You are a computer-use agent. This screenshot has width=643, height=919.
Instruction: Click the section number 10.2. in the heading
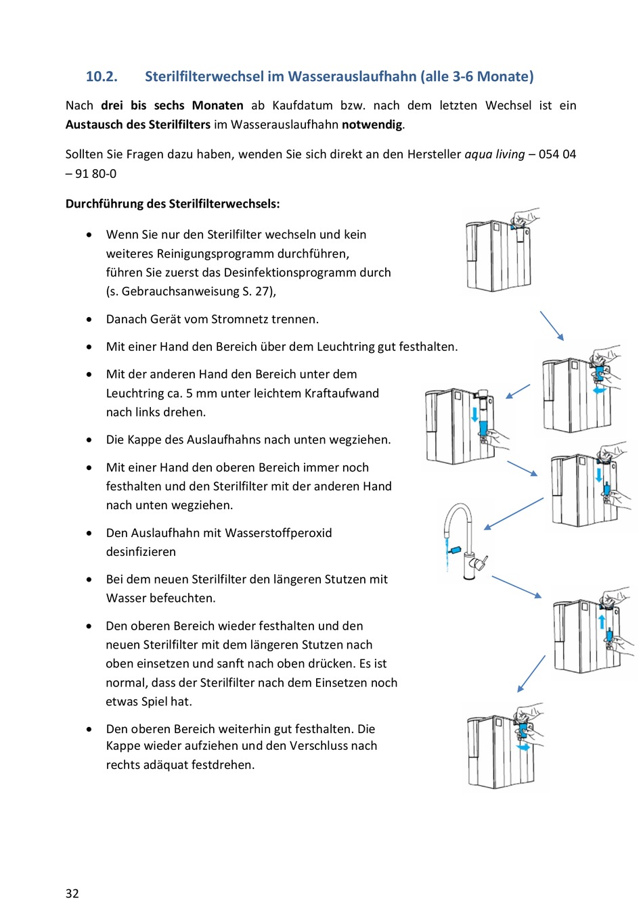[x=102, y=76]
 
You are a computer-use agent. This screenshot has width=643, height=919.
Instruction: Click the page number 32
[x=72, y=893]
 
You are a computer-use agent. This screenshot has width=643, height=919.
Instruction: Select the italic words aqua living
[x=494, y=154]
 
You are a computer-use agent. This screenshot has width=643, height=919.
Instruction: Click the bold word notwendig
[x=372, y=124]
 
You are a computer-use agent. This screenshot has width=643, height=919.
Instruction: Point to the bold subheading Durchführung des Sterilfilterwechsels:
[x=173, y=204]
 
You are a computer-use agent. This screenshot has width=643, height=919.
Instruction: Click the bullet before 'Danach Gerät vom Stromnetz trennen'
[x=89, y=319]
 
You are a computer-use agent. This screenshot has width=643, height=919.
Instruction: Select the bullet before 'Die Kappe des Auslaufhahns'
[x=89, y=440]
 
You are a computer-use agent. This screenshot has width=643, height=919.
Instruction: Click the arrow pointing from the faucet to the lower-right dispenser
[x=516, y=587]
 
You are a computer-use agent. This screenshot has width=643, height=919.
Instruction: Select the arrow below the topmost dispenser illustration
[x=552, y=325]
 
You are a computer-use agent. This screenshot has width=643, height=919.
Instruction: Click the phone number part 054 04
[x=557, y=154]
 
